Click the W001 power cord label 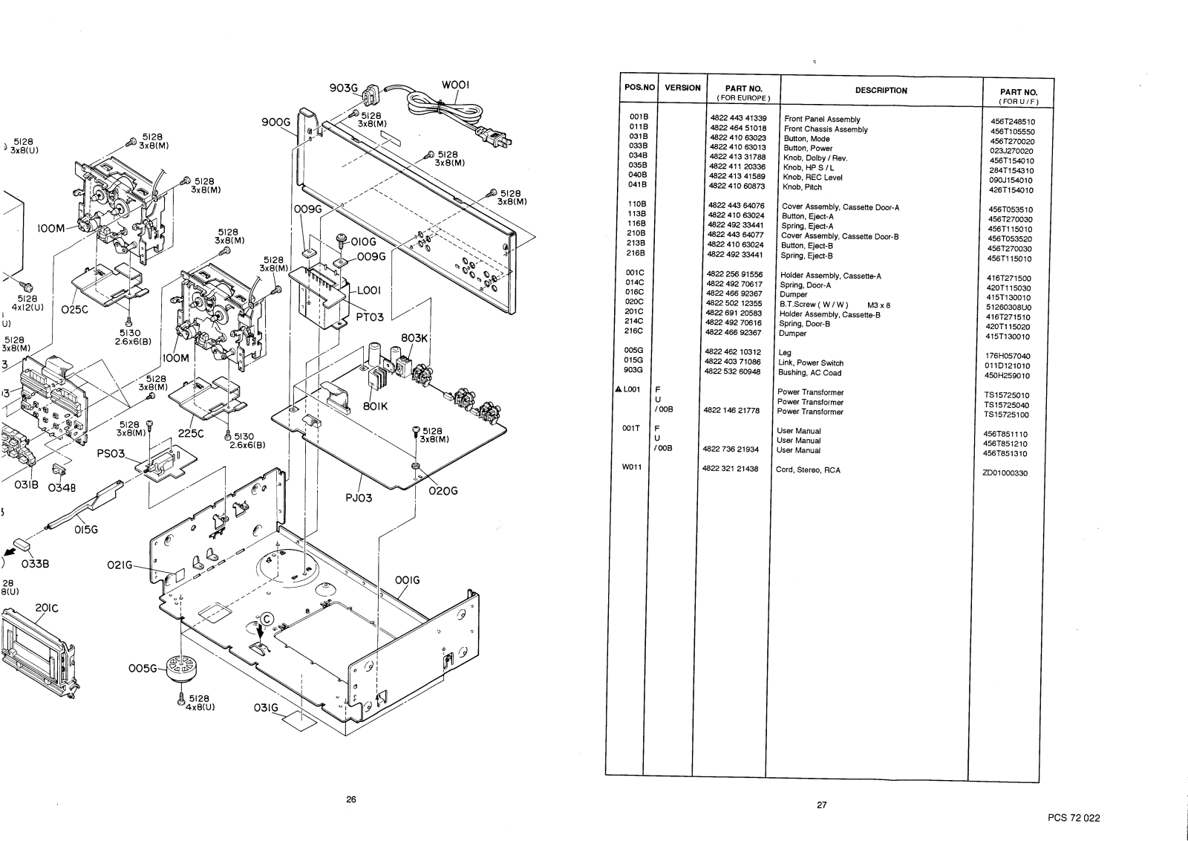click(x=455, y=85)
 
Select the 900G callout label click(x=275, y=123)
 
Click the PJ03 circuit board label click(x=359, y=498)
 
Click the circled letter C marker click(x=266, y=616)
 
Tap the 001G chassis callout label click(x=407, y=580)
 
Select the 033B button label click(x=36, y=563)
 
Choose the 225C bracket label click(x=191, y=434)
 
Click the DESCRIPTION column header click(x=881, y=91)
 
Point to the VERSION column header click(x=682, y=88)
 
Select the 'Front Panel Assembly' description click(x=822, y=119)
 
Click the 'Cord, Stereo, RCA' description click(x=808, y=470)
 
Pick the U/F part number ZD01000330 click(x=1006, y=473)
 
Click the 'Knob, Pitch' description click(x=803, y=187)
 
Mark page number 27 click(x=822, y=805)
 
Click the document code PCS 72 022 click(x=1074, y=818)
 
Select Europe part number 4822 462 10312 click(x=732, y=352)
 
